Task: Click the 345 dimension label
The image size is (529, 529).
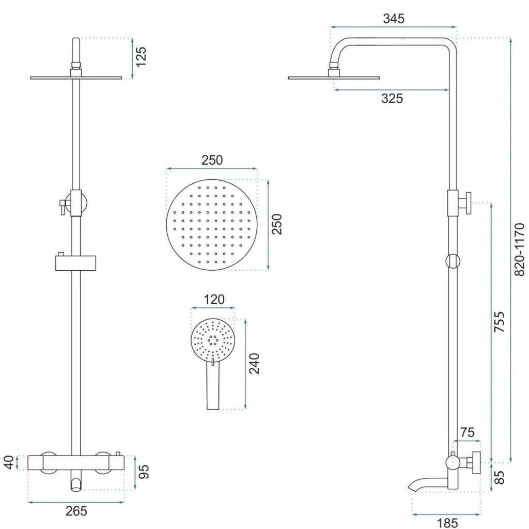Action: pyautogui.click(x=394, y=19)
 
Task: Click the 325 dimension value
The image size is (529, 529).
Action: pyautogui.click(x=392, y=98)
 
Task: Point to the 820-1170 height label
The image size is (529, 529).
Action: pyautogui.click(x=520, y=249)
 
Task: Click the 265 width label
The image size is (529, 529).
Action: pyautogui.click(x=76, y=511)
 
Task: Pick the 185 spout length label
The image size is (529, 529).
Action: pyautogui.click(x=447, y=523)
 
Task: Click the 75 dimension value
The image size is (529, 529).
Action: pyautogui.click(x=467, y=433)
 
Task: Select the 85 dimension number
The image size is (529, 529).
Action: pyautogui.click(x=499, y=476)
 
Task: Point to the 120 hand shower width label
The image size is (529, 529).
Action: pyautogui.click(x=214, y=300)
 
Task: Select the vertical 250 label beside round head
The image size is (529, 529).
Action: pyautogui.click(x=277, y=224)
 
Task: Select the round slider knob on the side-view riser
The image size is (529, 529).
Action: pyautogui.click(x=453, y=261)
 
